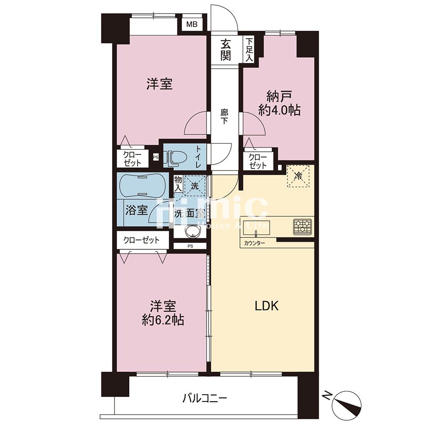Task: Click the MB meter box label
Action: pyautogui.click(x=192, y=25)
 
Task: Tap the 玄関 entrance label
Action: pyautogui.click(x=225, y=50)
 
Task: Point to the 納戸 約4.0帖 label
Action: pyautogui.click(x=279, y=103)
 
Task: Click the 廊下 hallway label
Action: pyautogui.click(x=224, y=116)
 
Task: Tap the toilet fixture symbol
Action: pyautogui.click(x=176, y=158)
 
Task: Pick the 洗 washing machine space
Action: pyautogui.click(x=195, y=186)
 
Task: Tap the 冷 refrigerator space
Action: pyautogui.click(x=298, y=176)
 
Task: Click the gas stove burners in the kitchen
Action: pyautogui.click(x=303, y=226)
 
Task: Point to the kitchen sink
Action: pyautogui.click(x=256, y=229)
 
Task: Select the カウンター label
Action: pyautogui.click(x=254, y=243)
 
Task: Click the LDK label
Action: pyautogui.click(x=267, y=306)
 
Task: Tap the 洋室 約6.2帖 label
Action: pyautogui.click(x=163, y=313)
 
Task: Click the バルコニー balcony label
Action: pyautogui.click(x=204, y=398)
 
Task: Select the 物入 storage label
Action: pyautogui.click(x=178, y=184)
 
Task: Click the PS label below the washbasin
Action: pyautogui.click(x=190, y=246)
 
